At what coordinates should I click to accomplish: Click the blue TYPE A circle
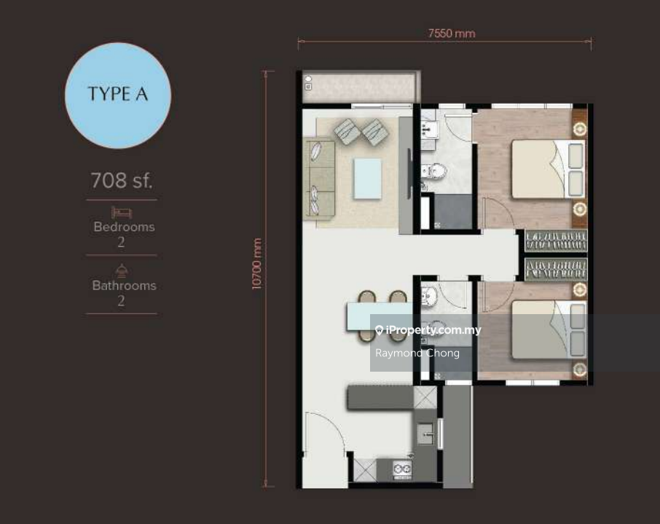click(118, 95)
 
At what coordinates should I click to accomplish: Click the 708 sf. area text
click(121, 180)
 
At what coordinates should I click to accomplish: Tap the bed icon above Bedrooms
click(122, 212)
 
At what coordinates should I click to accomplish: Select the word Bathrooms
click(124, 285)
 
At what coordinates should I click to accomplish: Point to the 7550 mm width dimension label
click(452, 34)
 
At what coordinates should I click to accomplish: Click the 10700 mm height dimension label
click(256, 264)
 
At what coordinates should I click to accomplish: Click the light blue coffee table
click(367, 178)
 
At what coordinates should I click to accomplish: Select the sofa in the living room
click(319, 178)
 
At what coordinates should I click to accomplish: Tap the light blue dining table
click(380, 316)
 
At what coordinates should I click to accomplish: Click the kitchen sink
click(425, 434)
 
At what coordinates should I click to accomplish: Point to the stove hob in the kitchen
click(402, 469)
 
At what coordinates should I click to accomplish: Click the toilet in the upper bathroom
click(433, 171)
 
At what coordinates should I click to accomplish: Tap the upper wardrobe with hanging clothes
click(556, 241)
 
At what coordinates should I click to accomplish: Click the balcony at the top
click(359, 87)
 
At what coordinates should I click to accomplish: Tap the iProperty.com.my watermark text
click(433, 330)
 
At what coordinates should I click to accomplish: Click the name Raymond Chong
click(417, 353)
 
